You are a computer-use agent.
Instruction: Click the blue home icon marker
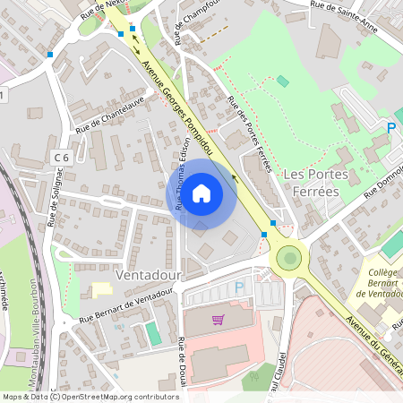point(201,193)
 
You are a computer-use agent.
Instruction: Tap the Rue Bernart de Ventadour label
point(125,309)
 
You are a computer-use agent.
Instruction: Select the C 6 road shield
point(61,158)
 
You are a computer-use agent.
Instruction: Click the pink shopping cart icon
point(218,320)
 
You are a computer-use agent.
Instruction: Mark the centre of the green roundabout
point(288,259)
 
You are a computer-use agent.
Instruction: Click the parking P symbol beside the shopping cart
point(238,287)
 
